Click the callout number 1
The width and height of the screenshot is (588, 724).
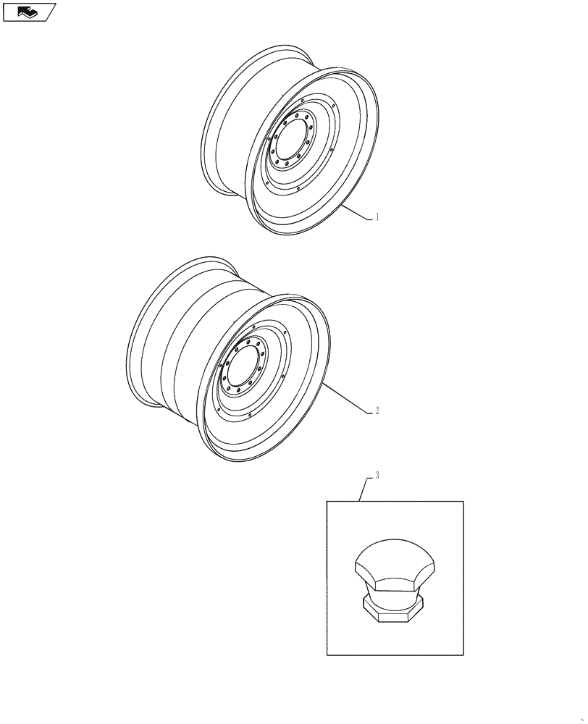[377, 216]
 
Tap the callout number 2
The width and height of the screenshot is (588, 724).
[377, 411]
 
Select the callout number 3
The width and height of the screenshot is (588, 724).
[377, 476]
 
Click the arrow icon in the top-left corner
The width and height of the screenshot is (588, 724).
[28, 12]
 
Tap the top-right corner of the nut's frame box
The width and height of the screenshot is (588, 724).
[463, 501]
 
